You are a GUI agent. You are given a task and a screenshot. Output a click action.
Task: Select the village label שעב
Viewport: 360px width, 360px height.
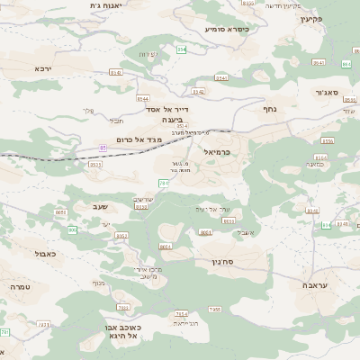pos(100,207)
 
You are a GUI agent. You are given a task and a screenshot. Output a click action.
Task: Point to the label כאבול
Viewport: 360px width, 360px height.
pos(45,255)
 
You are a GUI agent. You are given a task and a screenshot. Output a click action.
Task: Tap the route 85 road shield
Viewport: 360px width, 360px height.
pos(103,147)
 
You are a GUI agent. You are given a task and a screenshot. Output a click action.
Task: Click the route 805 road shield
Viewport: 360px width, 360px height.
pos(71,230)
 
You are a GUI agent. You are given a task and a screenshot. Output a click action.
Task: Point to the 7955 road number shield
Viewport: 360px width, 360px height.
pos(214,310)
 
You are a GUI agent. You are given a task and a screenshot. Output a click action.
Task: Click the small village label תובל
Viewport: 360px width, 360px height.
pos(117,120)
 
